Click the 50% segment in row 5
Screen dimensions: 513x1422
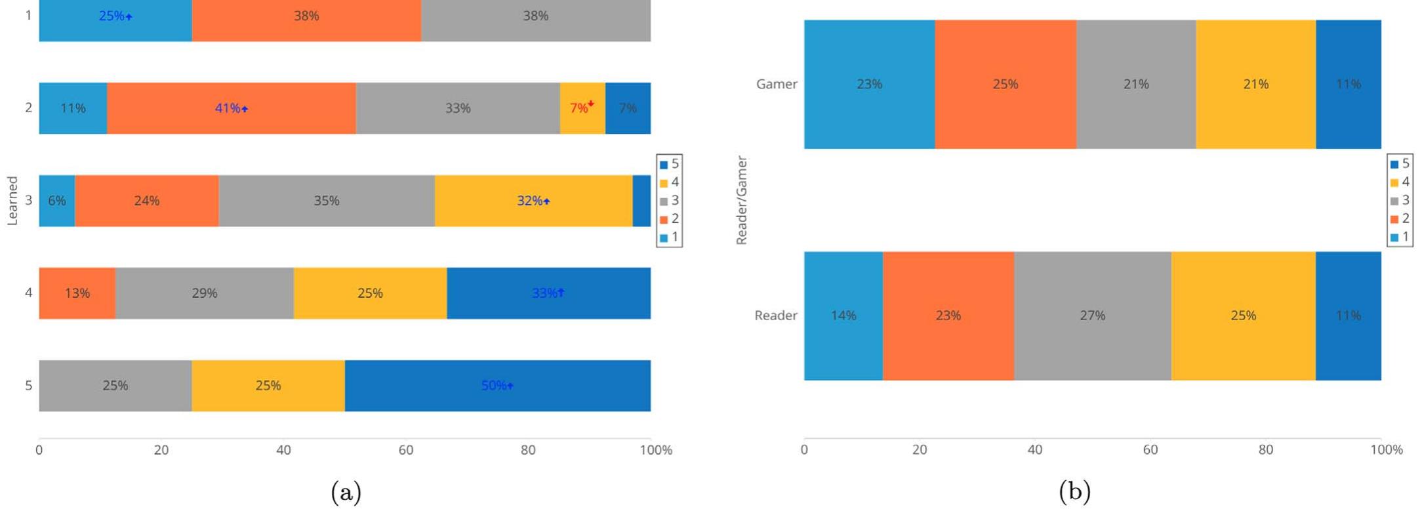point(497,386)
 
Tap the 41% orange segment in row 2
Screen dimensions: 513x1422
point(231,108)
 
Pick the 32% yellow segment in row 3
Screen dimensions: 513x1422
point(533,201)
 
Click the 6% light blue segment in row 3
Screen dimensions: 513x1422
point(57,201)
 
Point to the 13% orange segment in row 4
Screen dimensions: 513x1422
point(77,293)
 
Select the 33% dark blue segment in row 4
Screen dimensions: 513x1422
point(548,293)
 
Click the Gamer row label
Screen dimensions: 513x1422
point(776,84)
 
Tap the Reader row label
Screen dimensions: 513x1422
point(775,316)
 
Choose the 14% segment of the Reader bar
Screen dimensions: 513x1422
point(843,316)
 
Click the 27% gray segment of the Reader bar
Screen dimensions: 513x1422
point(1092,316)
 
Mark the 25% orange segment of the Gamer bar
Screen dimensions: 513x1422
point(1005,84)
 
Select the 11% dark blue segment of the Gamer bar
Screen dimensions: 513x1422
point(1348,84)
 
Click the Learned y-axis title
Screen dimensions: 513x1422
point(12,201)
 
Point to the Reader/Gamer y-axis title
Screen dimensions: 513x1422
point(742,201)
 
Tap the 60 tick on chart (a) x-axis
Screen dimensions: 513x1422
point(406,450)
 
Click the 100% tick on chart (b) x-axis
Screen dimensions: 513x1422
point(1386,450)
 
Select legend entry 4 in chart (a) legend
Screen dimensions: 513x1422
point(670,182)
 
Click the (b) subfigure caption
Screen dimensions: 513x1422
point(1074,491)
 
